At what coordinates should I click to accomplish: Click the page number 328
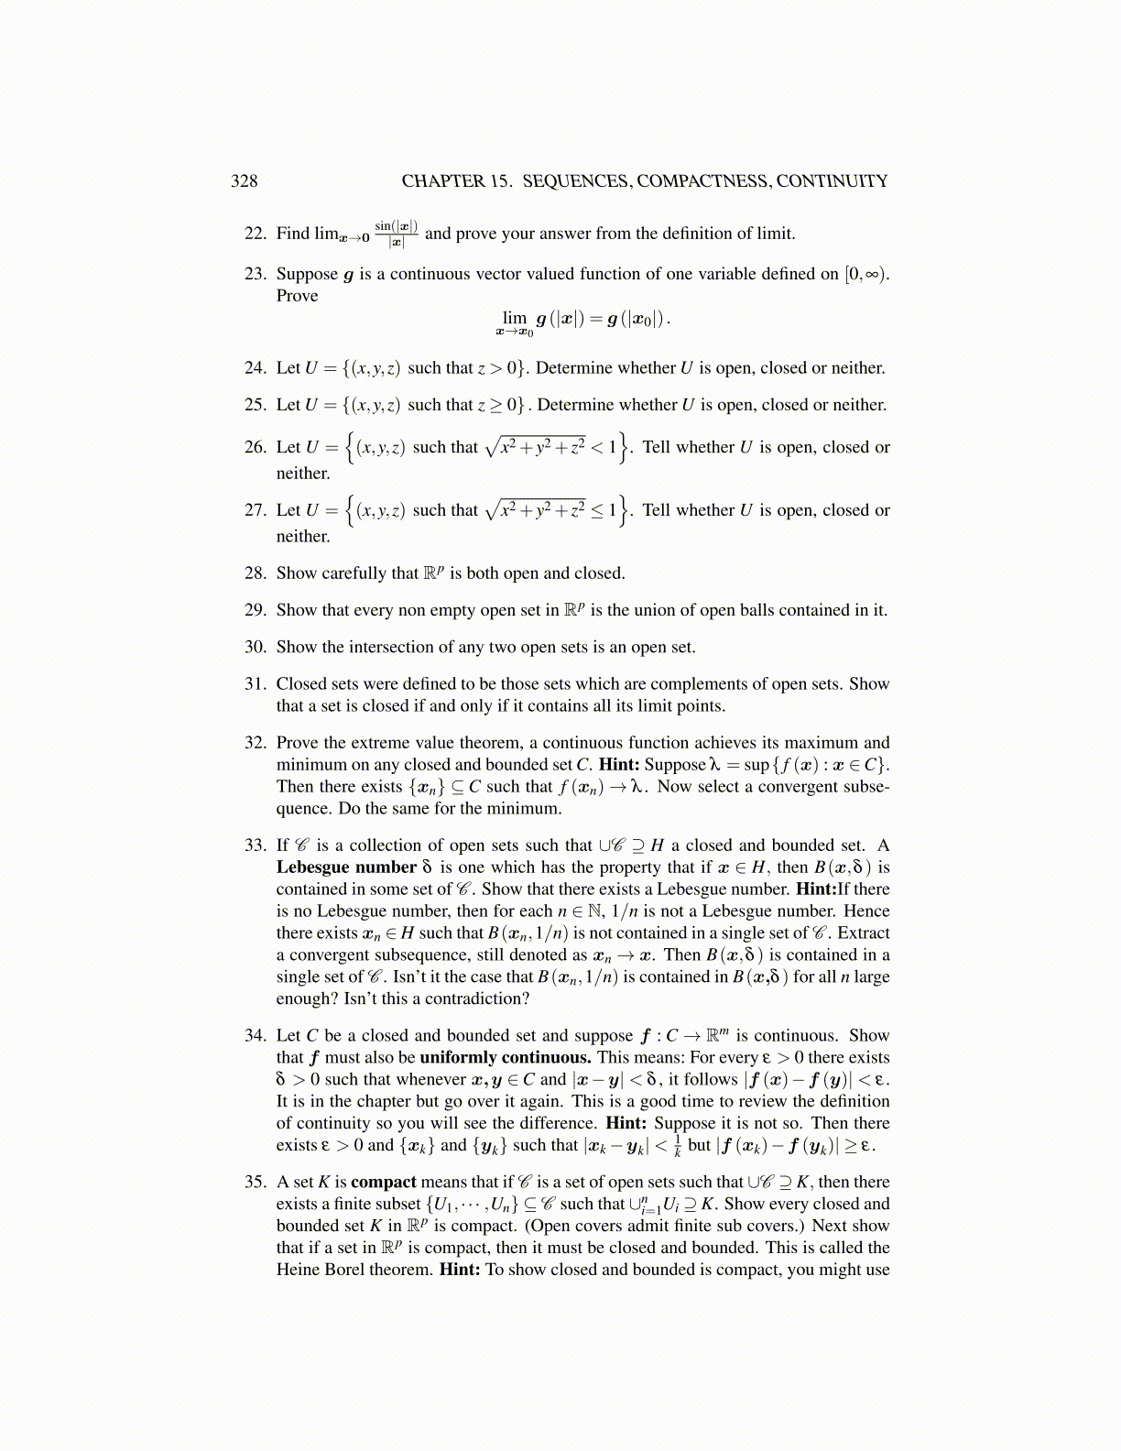(244, 180)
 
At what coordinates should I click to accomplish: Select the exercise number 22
(255, 234)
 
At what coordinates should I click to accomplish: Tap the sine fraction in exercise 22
(397, 234)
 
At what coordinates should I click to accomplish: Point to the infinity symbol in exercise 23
(873, 274)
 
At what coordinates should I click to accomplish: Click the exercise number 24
(255, 368)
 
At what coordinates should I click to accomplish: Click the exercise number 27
(255, 510)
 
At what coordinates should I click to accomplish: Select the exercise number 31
(255, 684)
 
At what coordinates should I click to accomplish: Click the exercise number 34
(255, 1036)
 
